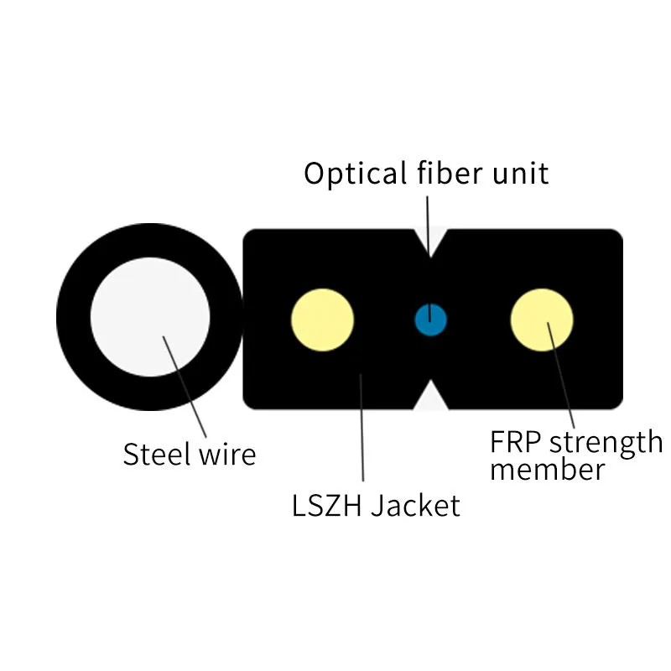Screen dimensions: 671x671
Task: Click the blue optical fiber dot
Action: [x=431, y=320]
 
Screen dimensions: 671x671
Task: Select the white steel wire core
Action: [x=150, y=318]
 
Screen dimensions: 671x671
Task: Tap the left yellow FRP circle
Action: [x=322, y=320]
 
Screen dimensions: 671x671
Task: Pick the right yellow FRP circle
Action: [x=542, y=320]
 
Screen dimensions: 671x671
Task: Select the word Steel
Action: [x=157, y=454]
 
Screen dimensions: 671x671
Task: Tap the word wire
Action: [x=227, y=454]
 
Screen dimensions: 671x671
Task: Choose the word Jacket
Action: [x=416, y=507]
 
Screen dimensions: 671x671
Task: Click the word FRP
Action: [x=515, y=441]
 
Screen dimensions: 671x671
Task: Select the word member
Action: [x=546, y=470]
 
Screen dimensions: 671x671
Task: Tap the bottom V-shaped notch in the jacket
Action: [x=430, y=396]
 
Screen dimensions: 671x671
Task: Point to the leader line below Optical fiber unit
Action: [x=428, y=222]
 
